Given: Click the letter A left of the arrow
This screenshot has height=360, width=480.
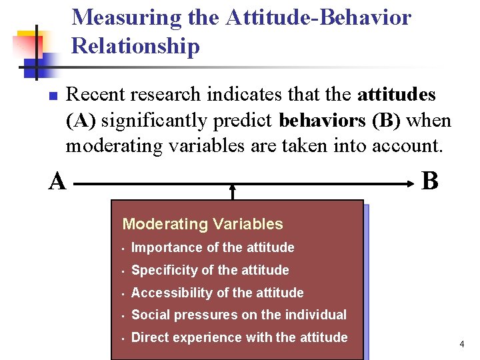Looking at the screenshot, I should tap(57, 181).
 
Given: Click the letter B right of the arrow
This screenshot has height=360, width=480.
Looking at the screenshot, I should tap(431, 181).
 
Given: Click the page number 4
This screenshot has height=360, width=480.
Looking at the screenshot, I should tap(461, 344).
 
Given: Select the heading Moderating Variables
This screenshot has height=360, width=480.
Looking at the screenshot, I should tap(203, 225).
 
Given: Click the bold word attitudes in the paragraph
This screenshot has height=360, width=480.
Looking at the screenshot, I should tap(397, 95).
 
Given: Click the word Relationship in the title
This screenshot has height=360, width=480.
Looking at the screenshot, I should tap(135, 46).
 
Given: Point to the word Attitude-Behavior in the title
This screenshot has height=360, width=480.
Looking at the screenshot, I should tap(319, 18).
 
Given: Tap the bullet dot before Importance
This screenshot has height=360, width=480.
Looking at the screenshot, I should tap(123, 249).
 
